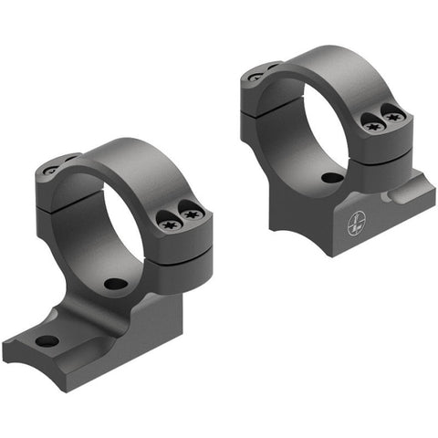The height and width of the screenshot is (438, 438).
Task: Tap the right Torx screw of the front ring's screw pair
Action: point(191,214)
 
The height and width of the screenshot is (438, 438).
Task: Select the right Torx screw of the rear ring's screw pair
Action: point(393,116)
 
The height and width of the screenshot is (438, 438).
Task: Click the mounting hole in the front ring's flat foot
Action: point(47,341)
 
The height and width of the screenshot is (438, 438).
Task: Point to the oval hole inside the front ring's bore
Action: point(115,284)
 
